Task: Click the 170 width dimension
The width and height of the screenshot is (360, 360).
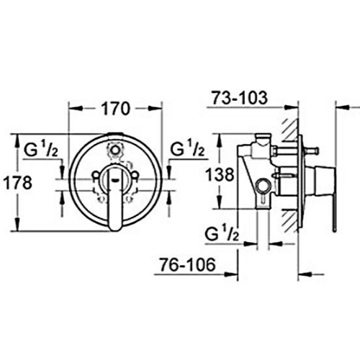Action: tap(115, 109)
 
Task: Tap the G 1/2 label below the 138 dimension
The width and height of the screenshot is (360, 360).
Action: tap(221, 235)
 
